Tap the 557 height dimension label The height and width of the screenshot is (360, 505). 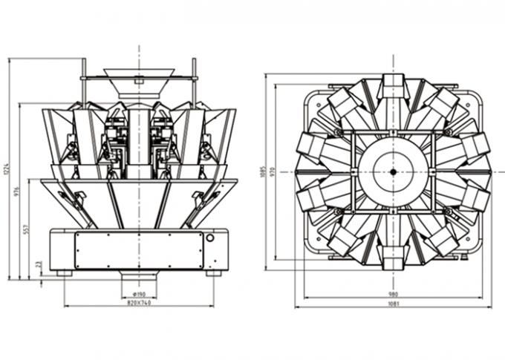tap(27, 230)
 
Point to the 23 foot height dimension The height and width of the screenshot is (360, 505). tap(39, 264)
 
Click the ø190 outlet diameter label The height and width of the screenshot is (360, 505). tap(139, 295)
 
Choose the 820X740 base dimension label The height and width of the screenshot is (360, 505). tap(139, 304)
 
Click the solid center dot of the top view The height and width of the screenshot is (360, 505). tap(392, 171)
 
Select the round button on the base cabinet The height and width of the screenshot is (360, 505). tap(210, 238)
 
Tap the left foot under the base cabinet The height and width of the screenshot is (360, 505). tap(65, 273)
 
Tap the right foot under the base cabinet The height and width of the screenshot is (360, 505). tap(214, 273)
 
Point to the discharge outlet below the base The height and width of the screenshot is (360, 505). tap(139, 275)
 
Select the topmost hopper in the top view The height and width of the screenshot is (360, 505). tap(392, 88)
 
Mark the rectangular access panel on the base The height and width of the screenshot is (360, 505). tap(138, 250)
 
